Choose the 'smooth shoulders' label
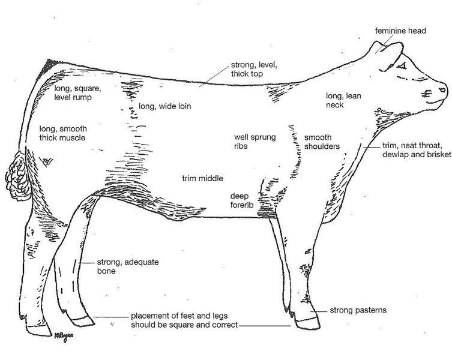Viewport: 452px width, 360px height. [x=322, y=142]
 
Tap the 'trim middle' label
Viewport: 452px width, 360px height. [x=203, y=179]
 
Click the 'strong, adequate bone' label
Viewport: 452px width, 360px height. [x=122, y=266]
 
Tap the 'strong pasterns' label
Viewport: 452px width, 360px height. [x=358, y=311]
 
